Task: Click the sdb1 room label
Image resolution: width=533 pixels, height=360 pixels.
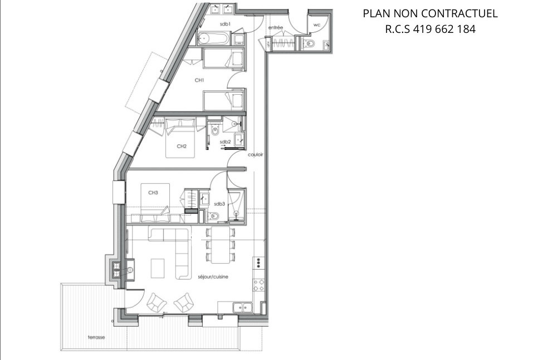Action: [x=225, y=24]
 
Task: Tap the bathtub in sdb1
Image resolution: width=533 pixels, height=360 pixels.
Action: [x=213, y=38]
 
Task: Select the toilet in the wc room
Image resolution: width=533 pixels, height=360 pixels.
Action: [x=310, y=43]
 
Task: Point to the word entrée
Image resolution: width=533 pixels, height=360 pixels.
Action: [x=275, y=27]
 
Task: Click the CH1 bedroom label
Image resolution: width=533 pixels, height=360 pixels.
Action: [x=199, y=80]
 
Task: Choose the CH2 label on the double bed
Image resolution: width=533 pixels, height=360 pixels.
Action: [x=181, y=147]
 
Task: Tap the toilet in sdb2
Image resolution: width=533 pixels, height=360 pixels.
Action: [x=214, y=131]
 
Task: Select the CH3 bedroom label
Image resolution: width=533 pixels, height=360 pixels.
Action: [x=153, y=192]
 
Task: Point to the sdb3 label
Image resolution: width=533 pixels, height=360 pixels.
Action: [x=219, y=204]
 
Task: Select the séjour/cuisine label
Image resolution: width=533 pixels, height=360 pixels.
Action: [x=213, y=276]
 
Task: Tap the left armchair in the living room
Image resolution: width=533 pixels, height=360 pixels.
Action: [x=156, y=303]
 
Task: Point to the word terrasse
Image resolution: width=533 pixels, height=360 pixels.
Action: [x=96, y=337]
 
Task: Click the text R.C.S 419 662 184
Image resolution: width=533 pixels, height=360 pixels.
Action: [x=430, y=29]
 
